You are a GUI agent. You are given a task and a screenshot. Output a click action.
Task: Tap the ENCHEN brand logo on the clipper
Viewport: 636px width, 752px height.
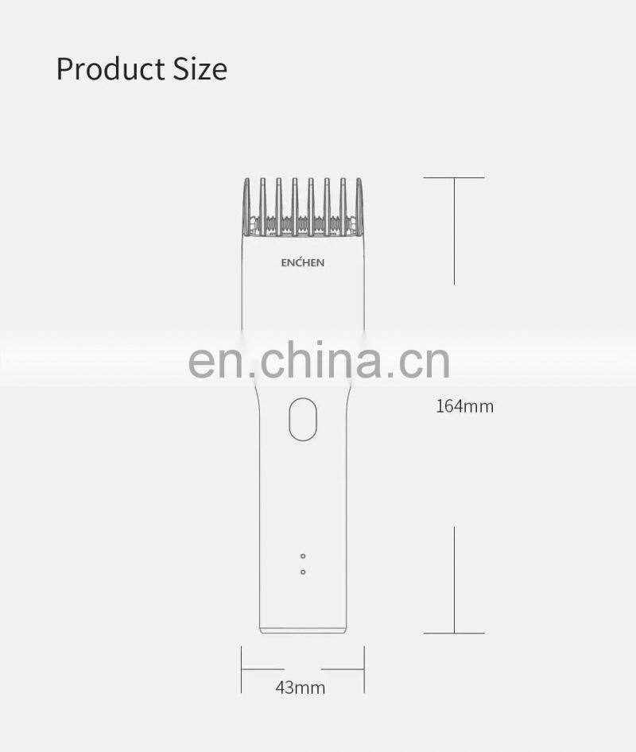[x=303, y=263]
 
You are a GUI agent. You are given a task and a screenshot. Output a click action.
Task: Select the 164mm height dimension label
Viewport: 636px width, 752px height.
[x=464, y=407]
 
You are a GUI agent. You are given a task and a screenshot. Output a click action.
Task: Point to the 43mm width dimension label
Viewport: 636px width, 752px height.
[x=301, y=688]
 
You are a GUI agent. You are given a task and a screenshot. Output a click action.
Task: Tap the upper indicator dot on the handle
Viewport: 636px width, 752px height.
[x=303, y=556]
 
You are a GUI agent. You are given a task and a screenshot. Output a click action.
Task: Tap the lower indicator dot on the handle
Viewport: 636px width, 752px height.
[x=303, y=572]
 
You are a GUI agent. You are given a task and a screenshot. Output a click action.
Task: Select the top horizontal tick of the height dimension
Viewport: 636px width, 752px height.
[x=454, y=178]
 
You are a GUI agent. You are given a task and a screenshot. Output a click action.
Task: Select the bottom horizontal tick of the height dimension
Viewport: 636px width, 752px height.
[x=454, y=634]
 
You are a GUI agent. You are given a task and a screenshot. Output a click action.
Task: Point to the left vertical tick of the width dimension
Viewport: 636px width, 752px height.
[x=242, y=669]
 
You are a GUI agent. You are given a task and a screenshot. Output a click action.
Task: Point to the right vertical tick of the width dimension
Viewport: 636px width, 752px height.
[x=364, y=669]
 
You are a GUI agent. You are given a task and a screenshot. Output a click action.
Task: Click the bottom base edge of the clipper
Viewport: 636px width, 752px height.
[x=303, y=631]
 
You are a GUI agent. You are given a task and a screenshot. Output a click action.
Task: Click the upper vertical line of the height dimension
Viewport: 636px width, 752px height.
[x=454, y=231]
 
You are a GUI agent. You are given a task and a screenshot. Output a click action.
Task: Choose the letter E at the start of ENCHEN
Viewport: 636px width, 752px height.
[x=285, y=263]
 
